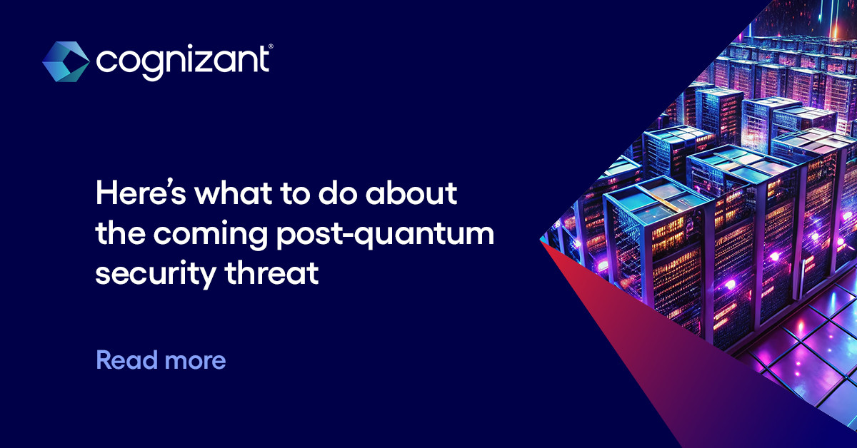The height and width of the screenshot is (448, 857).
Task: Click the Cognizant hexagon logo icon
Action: click(x=66, y=61)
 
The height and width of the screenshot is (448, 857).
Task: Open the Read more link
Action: click(x=161, y=360)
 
